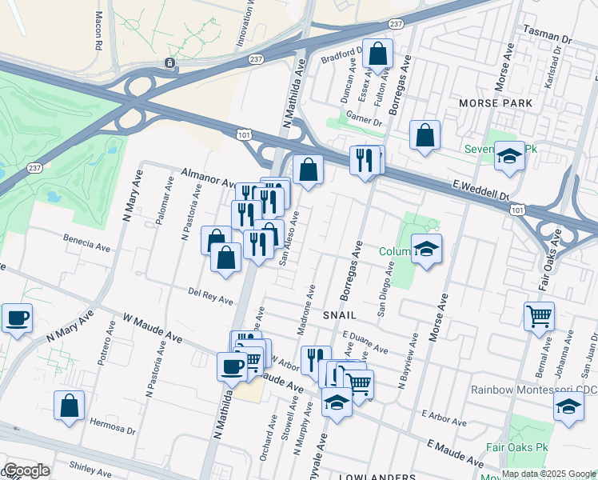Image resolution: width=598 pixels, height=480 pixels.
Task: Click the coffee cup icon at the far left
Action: click(17, 318)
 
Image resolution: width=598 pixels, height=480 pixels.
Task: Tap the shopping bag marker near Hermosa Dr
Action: click(70, 405)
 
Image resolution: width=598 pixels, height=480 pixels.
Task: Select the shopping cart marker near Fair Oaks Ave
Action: click(539, 315)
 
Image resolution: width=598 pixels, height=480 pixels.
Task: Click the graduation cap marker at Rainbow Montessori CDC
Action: click(568, 406)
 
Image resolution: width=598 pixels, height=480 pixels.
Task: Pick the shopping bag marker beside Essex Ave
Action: click(378, 54)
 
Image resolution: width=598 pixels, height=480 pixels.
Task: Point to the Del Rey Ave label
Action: click(211, 296)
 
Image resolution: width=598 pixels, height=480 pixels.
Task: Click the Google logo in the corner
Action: click(26, 470)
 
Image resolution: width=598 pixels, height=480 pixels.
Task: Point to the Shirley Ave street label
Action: click(90, 466)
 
